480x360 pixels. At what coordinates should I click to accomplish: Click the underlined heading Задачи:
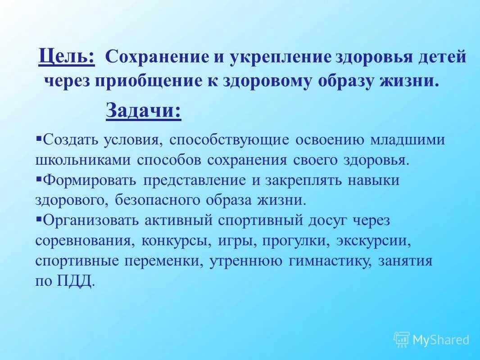(144, 111)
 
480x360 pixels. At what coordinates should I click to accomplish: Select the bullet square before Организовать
(39, 218)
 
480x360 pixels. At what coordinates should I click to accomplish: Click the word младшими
(408, 139)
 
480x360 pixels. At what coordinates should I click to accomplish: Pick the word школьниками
(83, 160)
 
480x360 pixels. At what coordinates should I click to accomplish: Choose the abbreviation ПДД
(76, 282)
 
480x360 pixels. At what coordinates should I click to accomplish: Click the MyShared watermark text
(441, 340)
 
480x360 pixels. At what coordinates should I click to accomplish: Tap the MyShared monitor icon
(402, 339)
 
